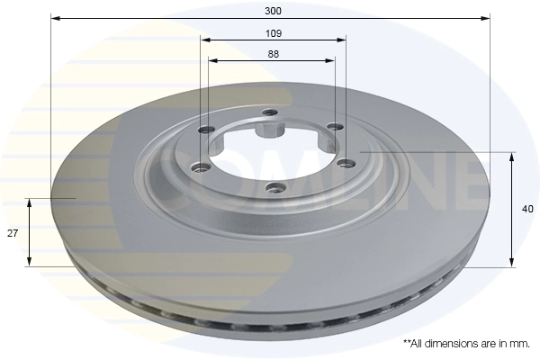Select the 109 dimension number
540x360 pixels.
click(x=274, y=33)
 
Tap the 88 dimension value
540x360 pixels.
click(x=273, y=54)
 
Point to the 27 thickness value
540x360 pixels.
click(x=13, y=233)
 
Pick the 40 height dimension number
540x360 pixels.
click(x=527, y=209)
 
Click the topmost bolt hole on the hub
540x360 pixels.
click(x=268, y=112)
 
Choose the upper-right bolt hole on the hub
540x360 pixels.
click(x=333, y=127)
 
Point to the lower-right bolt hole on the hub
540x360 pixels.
click(x=341, y=163)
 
